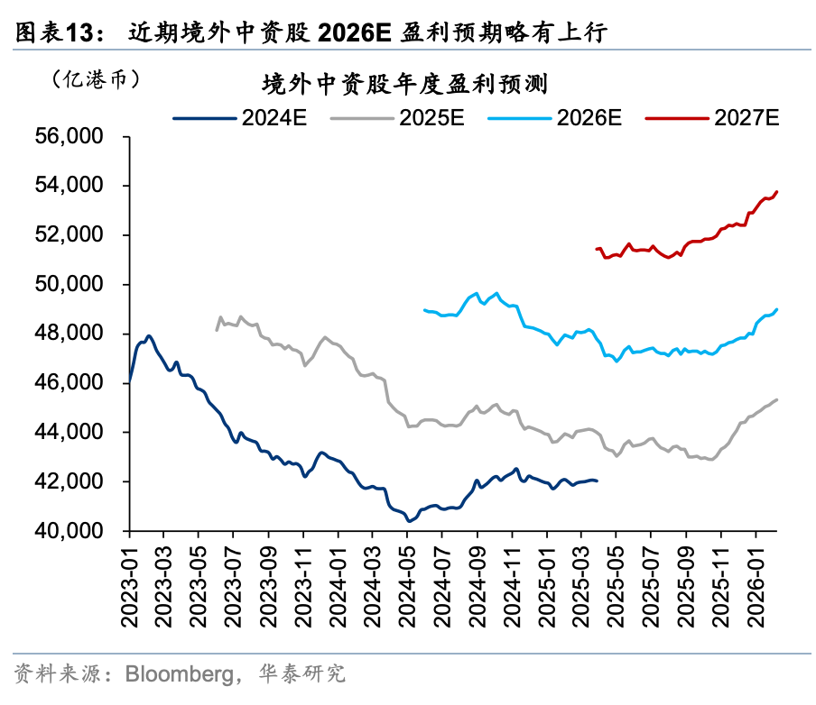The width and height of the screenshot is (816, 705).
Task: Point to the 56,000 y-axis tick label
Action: [75, 137]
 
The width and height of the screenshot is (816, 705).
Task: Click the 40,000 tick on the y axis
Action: [75, 531]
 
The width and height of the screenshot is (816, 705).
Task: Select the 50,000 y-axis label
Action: [75, 285]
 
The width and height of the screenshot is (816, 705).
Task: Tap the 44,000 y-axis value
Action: [75, 433]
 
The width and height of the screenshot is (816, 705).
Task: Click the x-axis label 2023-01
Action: [130, 586]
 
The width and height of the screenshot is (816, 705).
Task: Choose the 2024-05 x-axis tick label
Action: [408, 586]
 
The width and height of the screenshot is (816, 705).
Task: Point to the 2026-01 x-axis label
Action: [756, 586]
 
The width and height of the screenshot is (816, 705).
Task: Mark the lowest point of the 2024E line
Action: [409, 520]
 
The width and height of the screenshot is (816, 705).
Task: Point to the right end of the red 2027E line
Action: [777, 192]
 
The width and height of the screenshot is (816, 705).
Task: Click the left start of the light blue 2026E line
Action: [424, 309]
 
